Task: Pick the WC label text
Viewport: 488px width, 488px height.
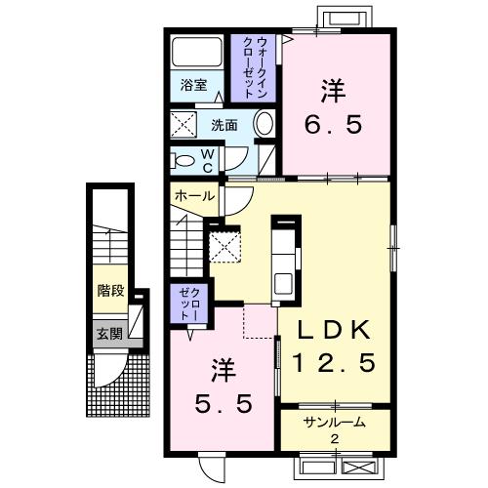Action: (209, 160)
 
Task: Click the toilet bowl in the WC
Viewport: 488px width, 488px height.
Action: (183, 160)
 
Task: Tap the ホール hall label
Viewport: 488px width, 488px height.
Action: (194, 195)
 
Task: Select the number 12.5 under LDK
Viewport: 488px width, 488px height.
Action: (334, 365)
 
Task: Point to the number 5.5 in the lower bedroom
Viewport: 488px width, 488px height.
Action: (223, 400)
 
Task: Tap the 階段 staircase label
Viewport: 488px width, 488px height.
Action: (109, 289)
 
